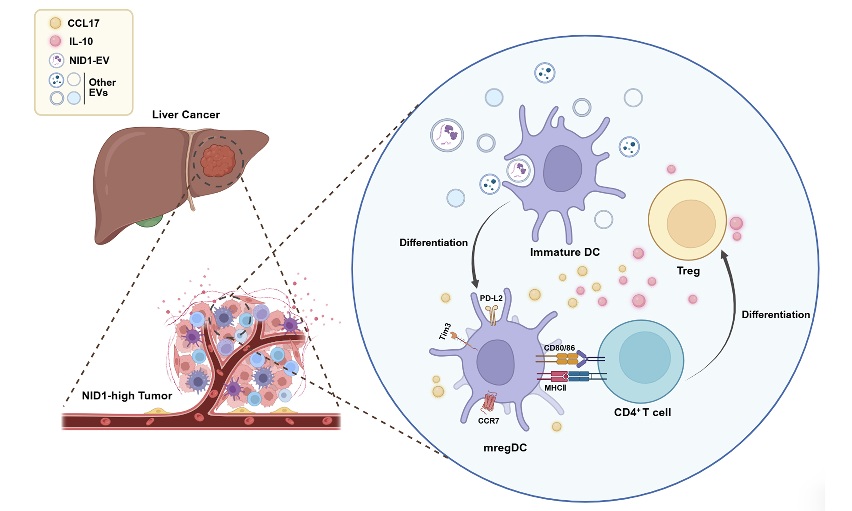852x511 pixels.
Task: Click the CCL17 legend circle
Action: click(56, 23)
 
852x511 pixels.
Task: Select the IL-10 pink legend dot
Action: click(56, 41)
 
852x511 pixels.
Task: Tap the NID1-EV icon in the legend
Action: click(57, 60)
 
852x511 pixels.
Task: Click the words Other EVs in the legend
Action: click(102, 87)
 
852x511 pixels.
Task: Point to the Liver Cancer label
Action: click(186, 115)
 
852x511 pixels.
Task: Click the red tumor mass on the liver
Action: click(218, 161)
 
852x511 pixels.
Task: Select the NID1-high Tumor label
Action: click(127, 396)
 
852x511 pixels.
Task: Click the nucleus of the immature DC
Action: click(563, 168)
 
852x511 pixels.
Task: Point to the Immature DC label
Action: click(565, 252)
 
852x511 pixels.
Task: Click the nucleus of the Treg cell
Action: click(691, 224)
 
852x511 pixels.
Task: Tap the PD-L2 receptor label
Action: click(491, 298)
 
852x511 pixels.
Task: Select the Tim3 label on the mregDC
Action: click(445, 331)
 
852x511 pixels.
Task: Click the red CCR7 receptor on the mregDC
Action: click(489, 402)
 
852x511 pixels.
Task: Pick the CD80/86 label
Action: click(559, 348)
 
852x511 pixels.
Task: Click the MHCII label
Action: click(555, 388)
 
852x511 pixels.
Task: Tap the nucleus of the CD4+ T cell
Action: click(645, 358)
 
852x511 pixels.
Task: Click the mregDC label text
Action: click(505, 448)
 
